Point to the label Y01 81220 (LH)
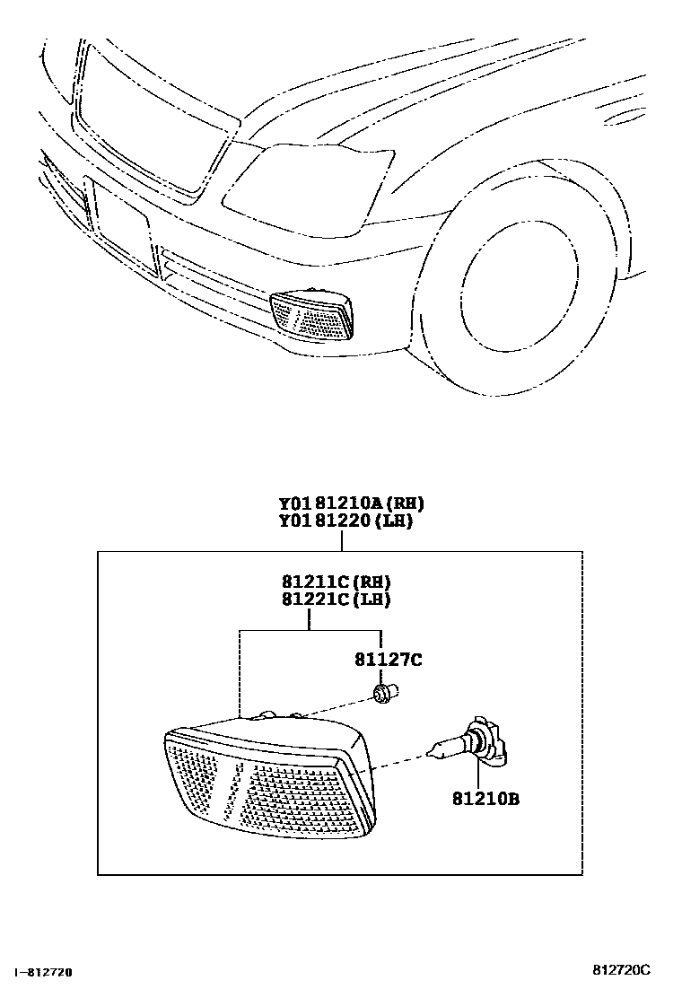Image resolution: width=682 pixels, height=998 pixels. tap(345, 521)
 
